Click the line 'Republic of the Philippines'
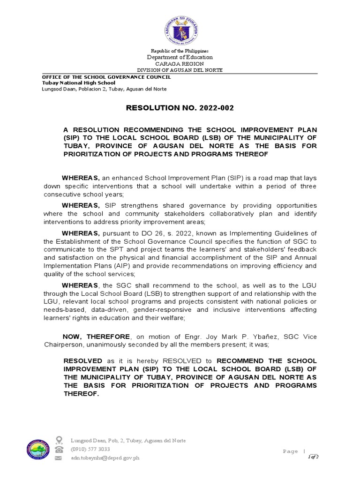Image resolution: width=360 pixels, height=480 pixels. click(x=180, y=51)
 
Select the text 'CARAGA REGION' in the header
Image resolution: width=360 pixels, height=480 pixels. click(x=180, y=63)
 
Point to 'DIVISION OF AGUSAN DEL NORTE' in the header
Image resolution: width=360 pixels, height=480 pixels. click(x=180, y=70)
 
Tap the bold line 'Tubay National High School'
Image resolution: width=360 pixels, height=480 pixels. click(x=79, y=82)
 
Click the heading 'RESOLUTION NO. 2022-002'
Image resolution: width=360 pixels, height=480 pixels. click(x=180, y=108)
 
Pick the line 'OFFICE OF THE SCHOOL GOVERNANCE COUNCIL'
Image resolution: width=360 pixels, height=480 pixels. click(x=106, y=77)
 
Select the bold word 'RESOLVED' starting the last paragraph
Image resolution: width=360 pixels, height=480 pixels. click(x=83, y=360)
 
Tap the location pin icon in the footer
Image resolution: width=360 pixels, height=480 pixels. click(x=59, y=440)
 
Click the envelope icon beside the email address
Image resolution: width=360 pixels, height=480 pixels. click(x=59, y=457)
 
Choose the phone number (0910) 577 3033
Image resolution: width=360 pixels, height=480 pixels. click(x=90, y=449)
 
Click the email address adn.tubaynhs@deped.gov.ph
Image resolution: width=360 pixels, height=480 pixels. click(x=105, y=457)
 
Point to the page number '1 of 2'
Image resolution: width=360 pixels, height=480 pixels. click(x=313, y=457)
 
